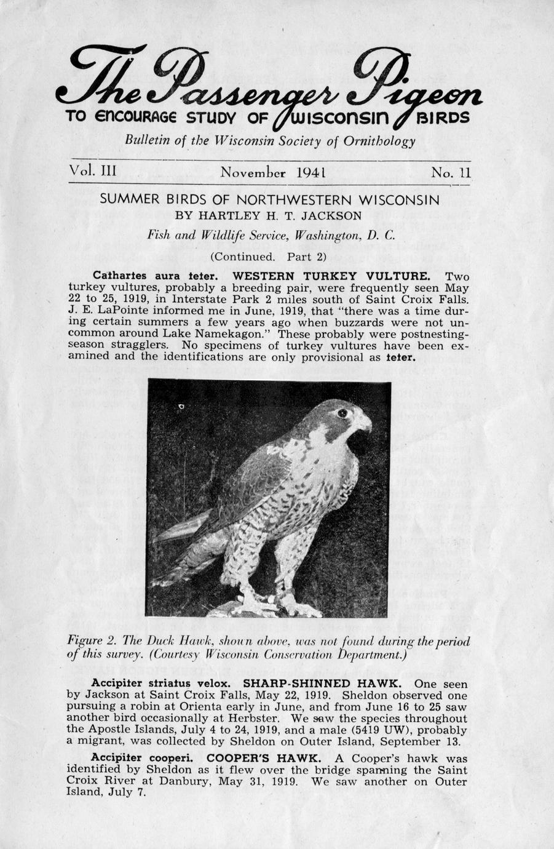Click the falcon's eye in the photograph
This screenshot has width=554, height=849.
point(342,413)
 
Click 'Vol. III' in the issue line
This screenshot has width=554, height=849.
point(93,170)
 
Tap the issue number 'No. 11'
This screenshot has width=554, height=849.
point(451,172)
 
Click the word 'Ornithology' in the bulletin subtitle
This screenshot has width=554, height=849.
point(382,141)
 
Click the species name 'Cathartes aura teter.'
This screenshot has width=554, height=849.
point(154,276)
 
